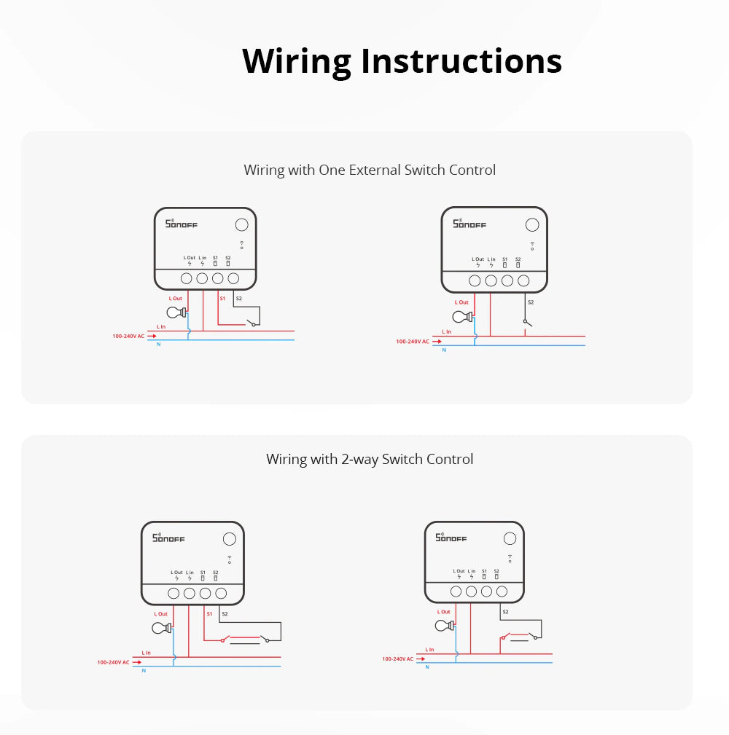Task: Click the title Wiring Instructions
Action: pyautogui.click(x=402, y=61)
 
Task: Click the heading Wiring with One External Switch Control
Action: pyautogui.click(x=370, y=170)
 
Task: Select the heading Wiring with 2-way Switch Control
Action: pyautogui.click(x=370, y=459)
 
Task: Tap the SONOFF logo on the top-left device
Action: pyautogui.click(x=182, y=224)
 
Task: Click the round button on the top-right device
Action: pyautogui.click(x=532, y=226)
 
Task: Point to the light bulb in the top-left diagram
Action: pyautogui.click(x=176, y=313)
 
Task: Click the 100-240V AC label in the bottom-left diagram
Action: pyautogui.click(x=113, y=662)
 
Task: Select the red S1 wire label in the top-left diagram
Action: pyautogui.click(x=222, y=298)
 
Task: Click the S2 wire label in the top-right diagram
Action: pyautogui.click(x=531, y=302)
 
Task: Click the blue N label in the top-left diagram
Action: pyautogui.click(x=159, y=343)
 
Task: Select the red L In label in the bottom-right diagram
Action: pyautogui.click(x=430, y=649)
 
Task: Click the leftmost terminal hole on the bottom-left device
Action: pyautogui.click(x=174, y=594)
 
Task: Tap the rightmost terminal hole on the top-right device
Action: pyautogui.click(x=523, y=280)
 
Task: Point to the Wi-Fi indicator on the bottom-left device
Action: pyautogui.click(x=229, y=559)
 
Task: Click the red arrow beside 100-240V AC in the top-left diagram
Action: pyautogui.click(x=152, y=337)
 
